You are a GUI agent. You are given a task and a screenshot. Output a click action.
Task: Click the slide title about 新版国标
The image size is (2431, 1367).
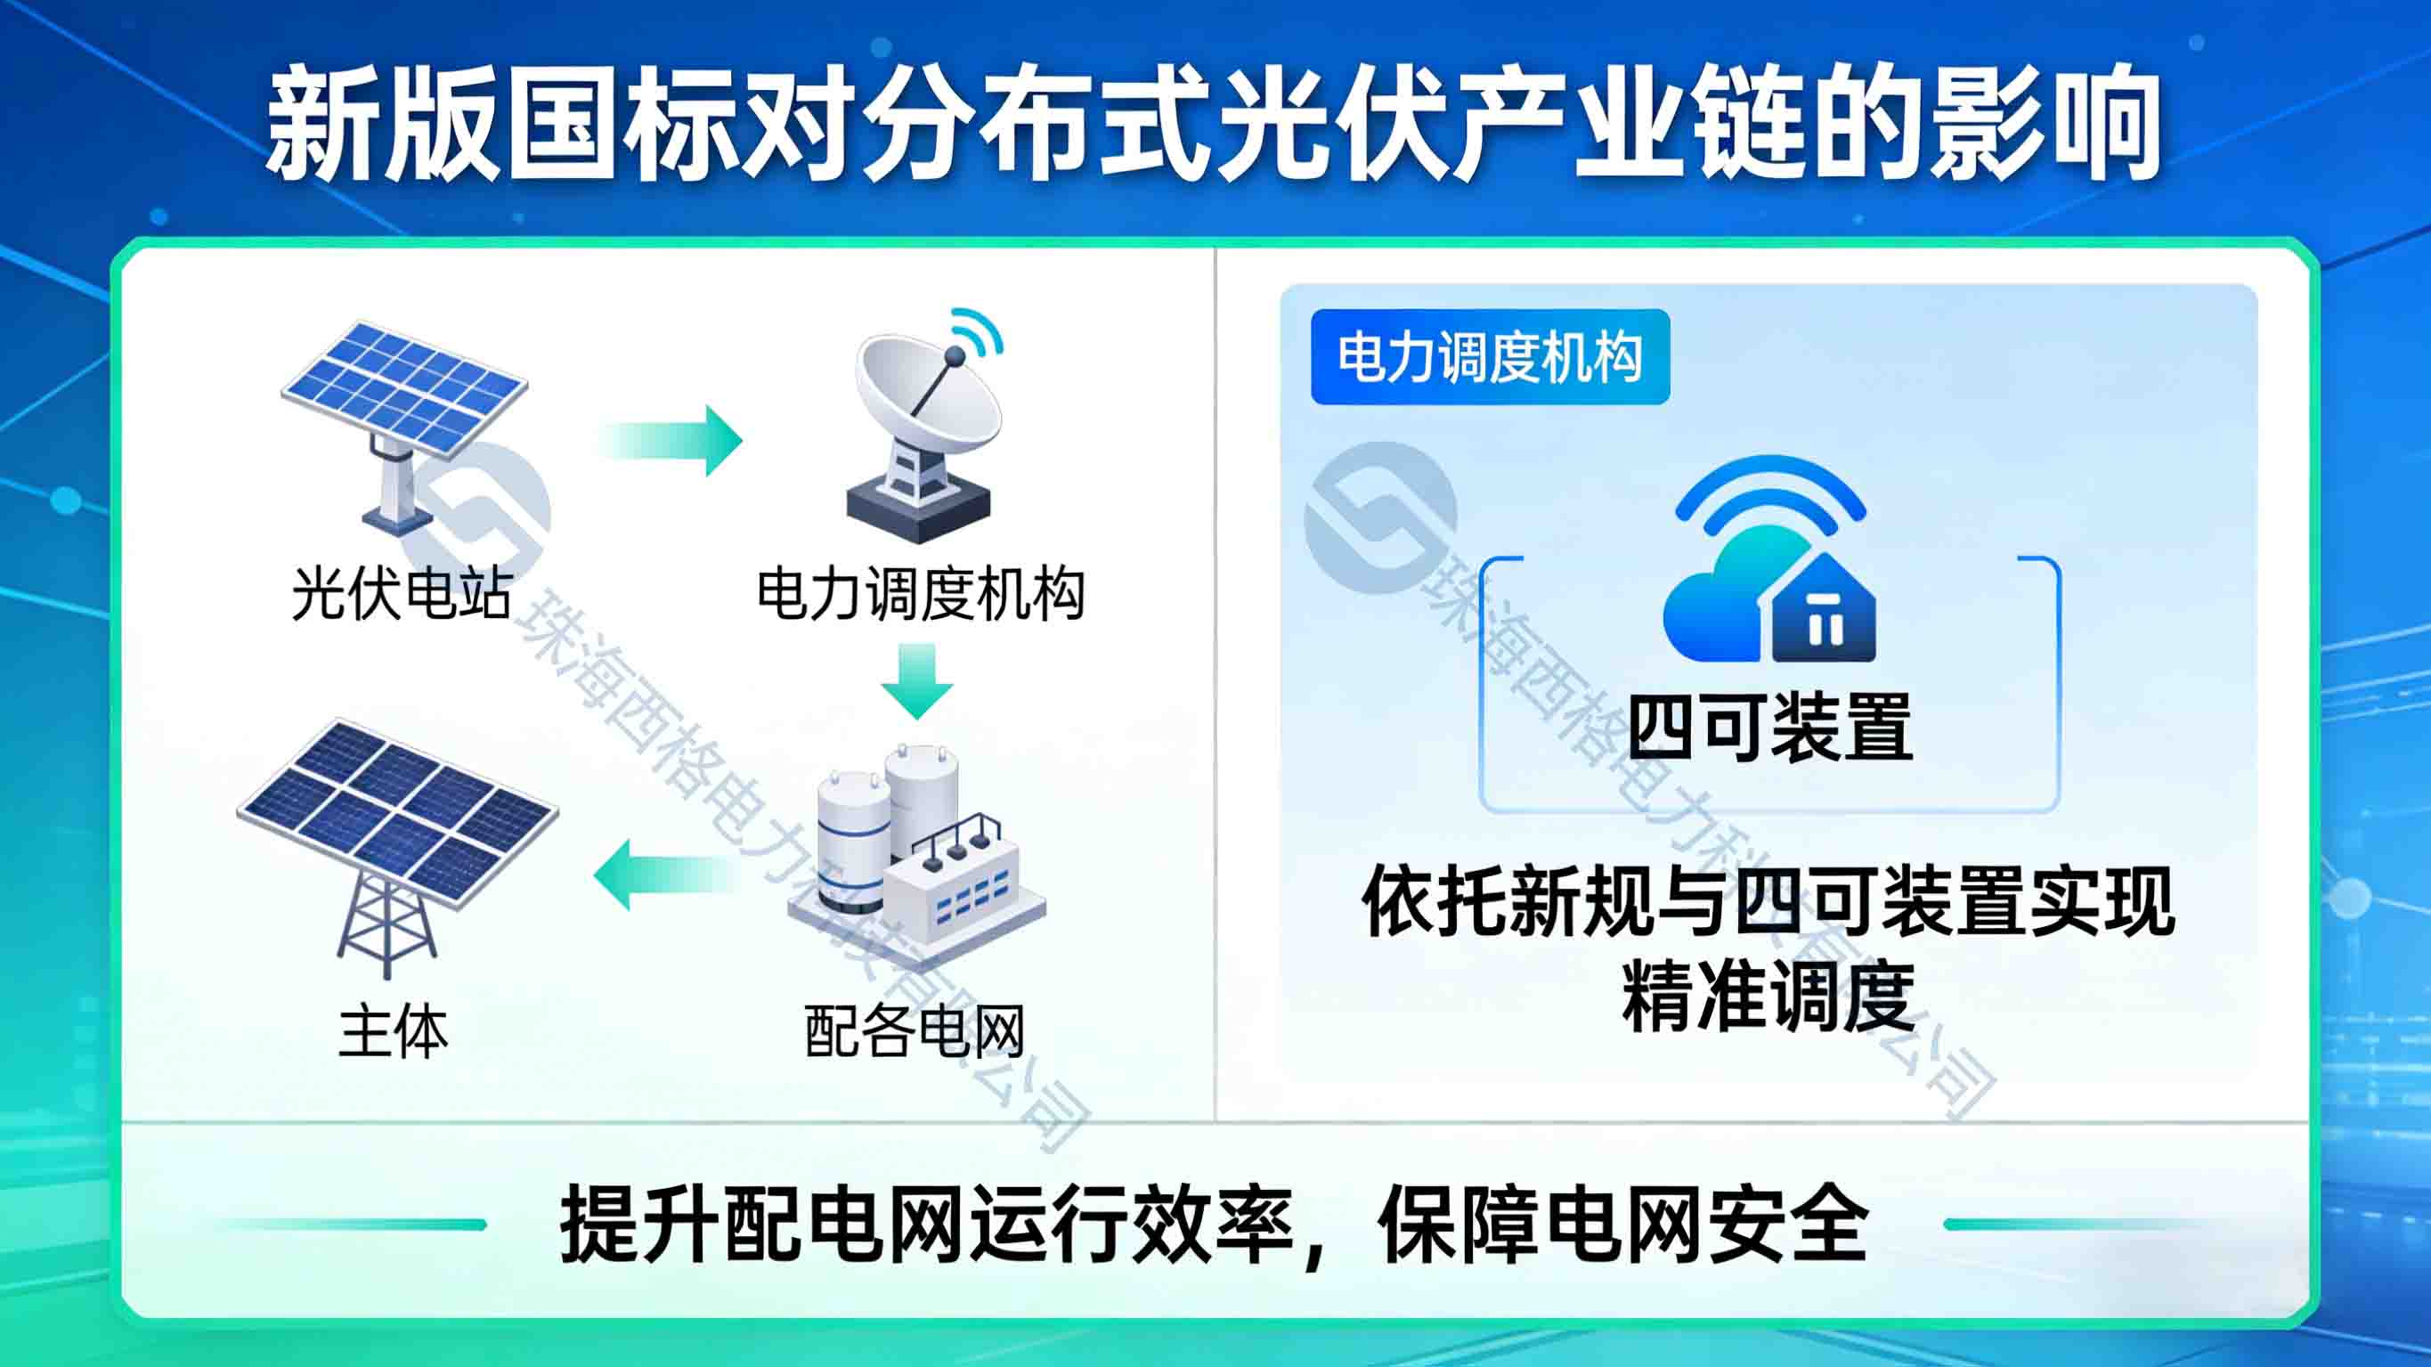click(1214, 123)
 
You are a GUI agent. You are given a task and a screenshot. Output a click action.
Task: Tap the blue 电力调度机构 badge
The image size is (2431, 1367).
click(1490, 357)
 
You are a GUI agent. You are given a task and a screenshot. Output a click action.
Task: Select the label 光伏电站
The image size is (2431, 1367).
click(402, 594)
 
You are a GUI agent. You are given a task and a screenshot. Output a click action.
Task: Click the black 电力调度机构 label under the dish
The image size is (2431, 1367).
click(921, 594)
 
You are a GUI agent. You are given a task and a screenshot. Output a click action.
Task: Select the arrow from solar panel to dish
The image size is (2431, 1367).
click(670, 441)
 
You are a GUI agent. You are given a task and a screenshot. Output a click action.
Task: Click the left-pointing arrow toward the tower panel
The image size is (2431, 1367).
click(664, 875)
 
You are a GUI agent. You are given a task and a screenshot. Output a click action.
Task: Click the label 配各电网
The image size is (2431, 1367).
click(915, 1031)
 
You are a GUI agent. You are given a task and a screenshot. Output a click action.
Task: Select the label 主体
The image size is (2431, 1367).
click(394, 1031)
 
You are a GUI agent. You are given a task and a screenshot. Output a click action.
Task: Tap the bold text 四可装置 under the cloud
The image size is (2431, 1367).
click(1770, 726)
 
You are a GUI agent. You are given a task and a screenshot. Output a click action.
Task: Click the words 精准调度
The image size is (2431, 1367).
click(1768, 997)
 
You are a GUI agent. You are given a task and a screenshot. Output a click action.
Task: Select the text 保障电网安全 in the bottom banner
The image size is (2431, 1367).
click(1623, 1225)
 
